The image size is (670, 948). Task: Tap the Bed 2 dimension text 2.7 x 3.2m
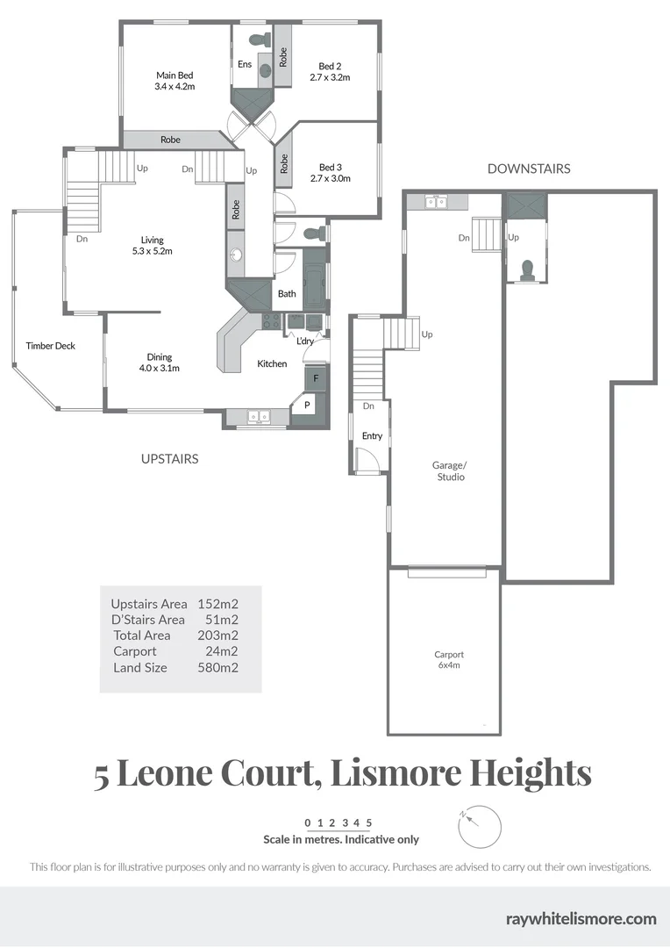tap(330, 77)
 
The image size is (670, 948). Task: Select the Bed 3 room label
tap(330, 167)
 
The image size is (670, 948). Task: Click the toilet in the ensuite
tap(261, 39)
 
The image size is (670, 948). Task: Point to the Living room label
tap(153, 240)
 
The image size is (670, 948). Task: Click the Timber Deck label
tap(51, 346)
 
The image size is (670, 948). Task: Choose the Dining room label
tap(160, 356)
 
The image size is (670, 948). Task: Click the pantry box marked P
tap(307, 405)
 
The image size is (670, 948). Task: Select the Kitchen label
tap(272, 363)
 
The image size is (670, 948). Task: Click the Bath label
tap(287, 294)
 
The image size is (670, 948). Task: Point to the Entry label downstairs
tap(372, 436)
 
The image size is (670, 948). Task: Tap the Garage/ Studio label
tap(451, 470)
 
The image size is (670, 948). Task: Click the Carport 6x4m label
tap(448, 660)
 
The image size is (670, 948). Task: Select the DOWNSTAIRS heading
tap(529, 169)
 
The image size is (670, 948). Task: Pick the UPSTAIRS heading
tap(169, 458)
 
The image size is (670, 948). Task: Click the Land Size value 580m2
tap(218, 667)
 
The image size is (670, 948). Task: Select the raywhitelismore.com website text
tap(581, 919)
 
